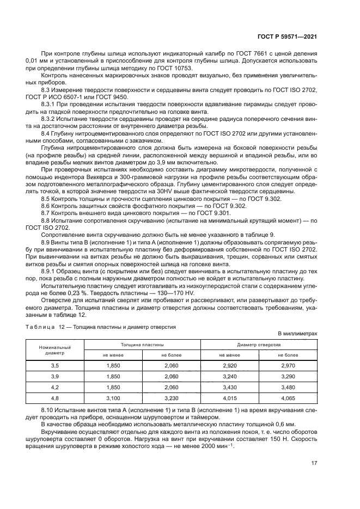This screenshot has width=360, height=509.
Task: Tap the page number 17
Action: [314, 463]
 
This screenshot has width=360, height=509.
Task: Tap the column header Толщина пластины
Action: [142, 345]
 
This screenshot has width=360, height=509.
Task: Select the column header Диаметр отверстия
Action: [259, 345]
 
